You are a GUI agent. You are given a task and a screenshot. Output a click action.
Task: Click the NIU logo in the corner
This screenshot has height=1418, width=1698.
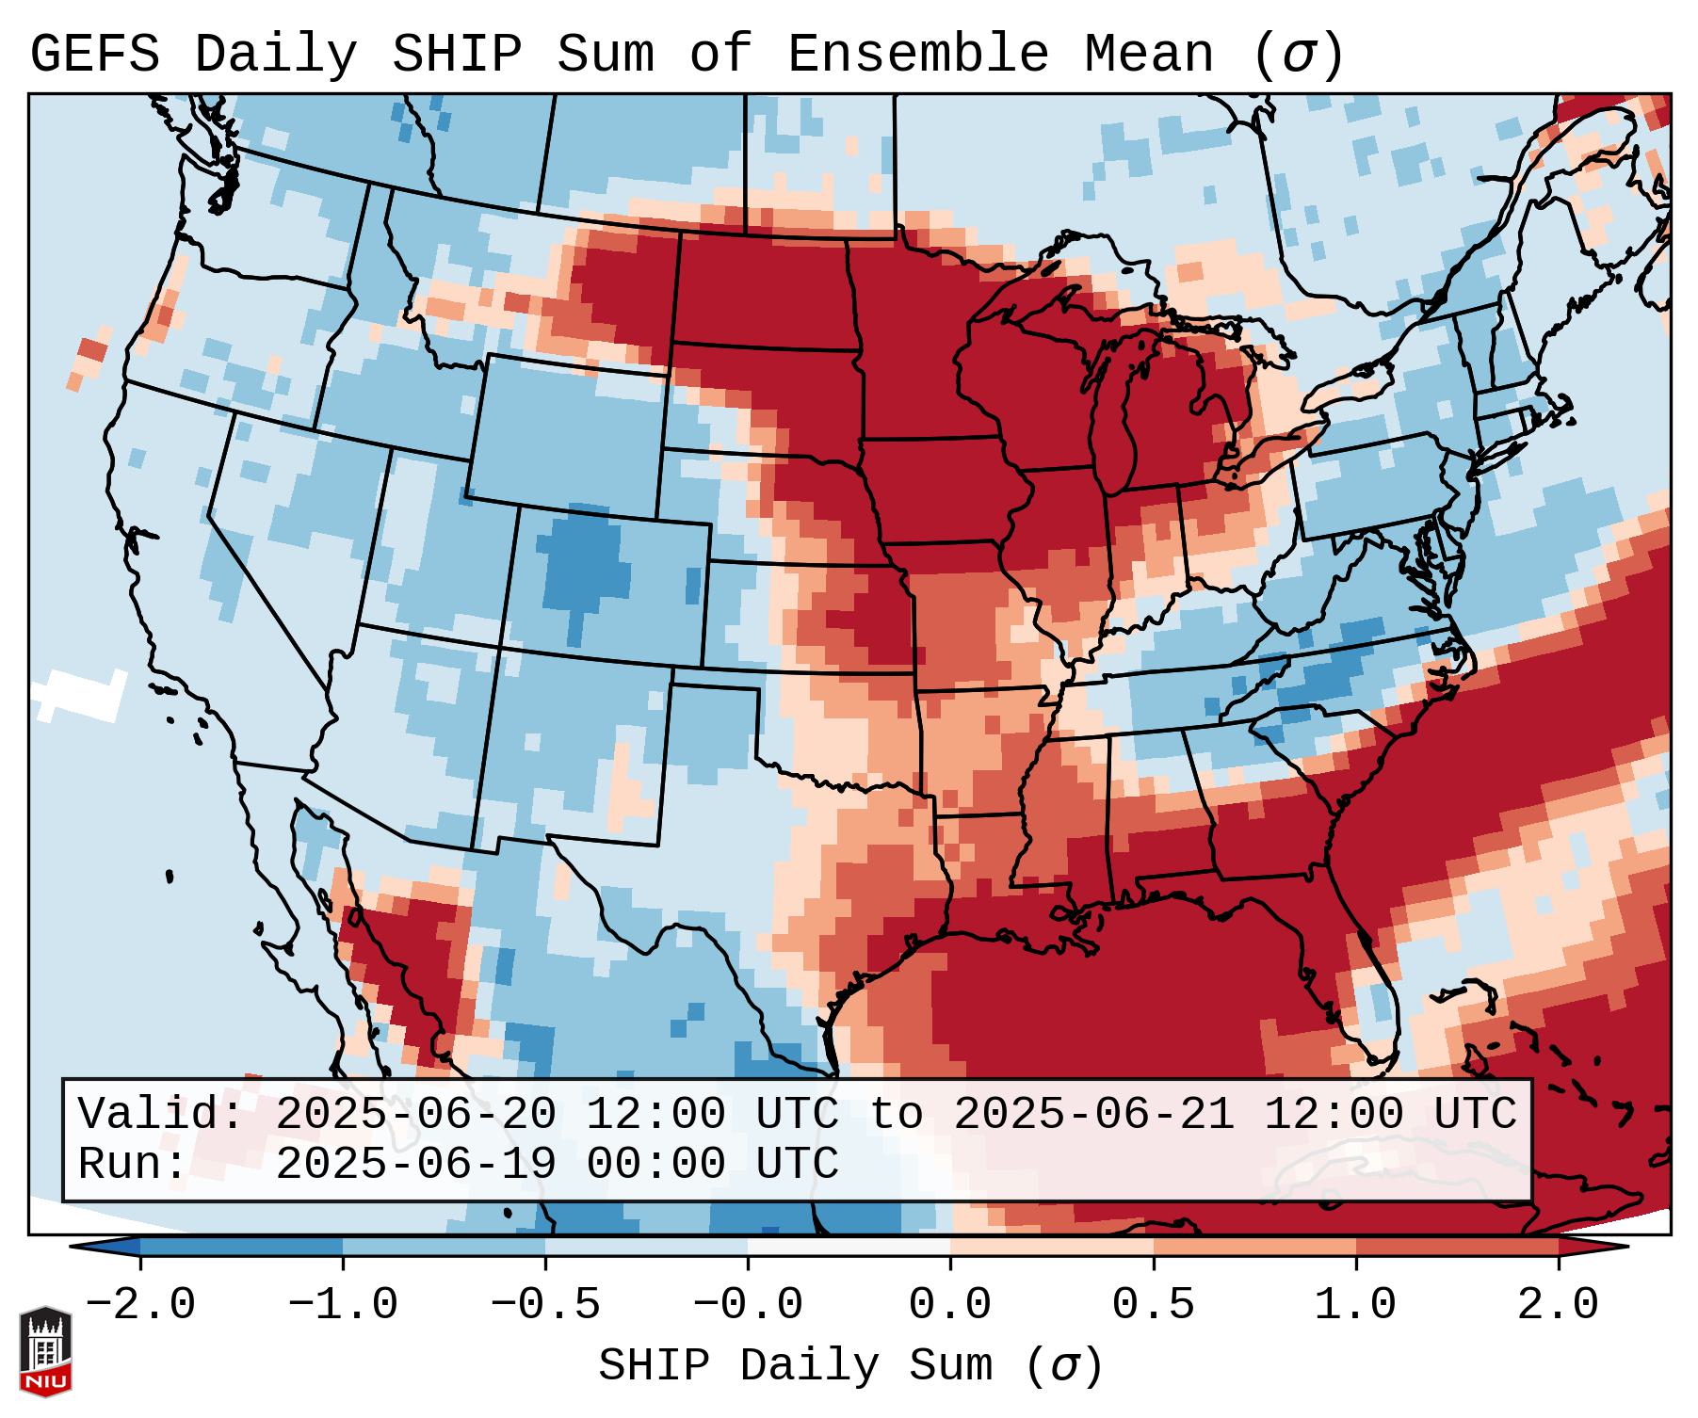tap(45, 1350)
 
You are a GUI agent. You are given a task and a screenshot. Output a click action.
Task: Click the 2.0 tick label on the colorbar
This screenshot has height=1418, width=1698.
tap(1558, 1305)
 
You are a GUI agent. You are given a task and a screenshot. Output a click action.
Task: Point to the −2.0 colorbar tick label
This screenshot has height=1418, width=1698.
tap(140, 1305)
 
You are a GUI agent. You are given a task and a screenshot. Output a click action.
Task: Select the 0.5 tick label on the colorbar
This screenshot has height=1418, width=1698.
tap(1153, 1305)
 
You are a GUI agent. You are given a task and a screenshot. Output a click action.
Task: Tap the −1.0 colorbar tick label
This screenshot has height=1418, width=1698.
tap(343, 1305)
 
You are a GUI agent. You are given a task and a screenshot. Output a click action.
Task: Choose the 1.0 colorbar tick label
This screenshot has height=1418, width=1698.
tap(1355, 1305)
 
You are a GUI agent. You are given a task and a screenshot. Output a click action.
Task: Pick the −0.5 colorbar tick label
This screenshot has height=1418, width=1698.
tap(545, 1305)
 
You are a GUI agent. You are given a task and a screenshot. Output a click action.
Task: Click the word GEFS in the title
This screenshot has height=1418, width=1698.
tap(94, 55)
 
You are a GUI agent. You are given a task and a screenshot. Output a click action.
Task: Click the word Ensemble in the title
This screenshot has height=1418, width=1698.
tap(917, 55)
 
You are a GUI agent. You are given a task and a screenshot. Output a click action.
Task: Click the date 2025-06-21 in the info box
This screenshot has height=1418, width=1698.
tap(1094, 1114)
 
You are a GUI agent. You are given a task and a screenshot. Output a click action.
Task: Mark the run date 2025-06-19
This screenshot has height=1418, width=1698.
tap(416, 1165)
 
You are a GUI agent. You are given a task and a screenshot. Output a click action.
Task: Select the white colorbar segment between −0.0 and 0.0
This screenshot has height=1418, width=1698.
tap(849, 1247)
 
